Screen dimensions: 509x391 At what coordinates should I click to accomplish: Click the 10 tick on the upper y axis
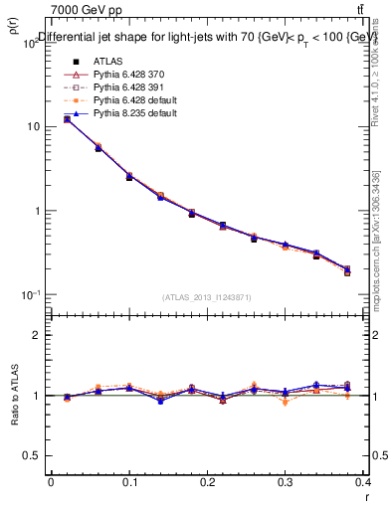pyautogui.click(x=33, y=127)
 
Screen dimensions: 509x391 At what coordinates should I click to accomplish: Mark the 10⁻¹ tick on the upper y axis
pyautogui.click(x=30, y=295)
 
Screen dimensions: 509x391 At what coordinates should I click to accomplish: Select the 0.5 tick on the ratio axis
pyautogui.click(x=32, y=455)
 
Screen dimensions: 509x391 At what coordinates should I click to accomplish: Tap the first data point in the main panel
pyautogui.click(x=67, y=119)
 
